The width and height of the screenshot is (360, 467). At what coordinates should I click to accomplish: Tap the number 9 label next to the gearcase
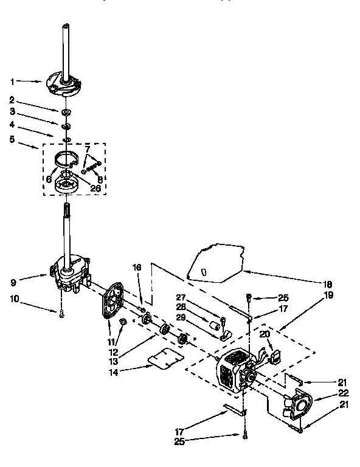[x=13, y=282]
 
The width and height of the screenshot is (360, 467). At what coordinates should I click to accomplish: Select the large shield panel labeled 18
[x=216, y=261]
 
